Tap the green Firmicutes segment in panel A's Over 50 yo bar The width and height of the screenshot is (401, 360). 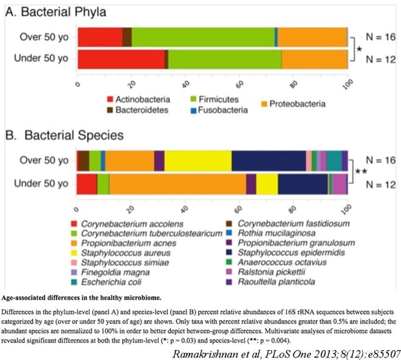pyautogui.click(x=203, y=37)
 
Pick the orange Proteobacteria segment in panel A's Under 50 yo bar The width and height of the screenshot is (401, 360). pyautogui.click(x=314, y=59)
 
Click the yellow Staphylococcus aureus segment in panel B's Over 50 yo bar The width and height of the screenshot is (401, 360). pyautogui.click(x=198, y=161)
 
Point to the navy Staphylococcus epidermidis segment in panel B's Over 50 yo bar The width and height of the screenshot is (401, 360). pyautogui.click(x=269, y=161)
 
